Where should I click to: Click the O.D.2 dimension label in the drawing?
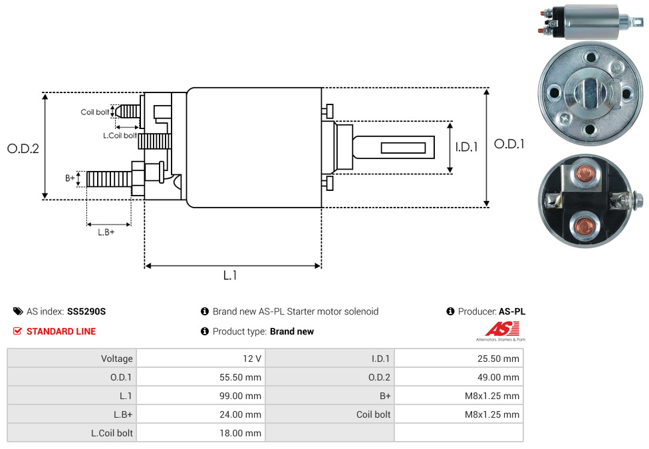[x=23, y=148]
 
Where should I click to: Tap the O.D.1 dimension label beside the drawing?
[x=509, y=144]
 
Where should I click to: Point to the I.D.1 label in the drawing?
[x=467, y=147]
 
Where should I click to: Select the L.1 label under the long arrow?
[x=230, y=275]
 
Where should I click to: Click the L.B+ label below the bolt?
[x=106, y=232]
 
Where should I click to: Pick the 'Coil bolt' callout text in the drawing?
[x=95, y=112]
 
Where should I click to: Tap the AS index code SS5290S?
[x=86, y=311]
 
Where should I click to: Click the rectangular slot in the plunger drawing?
[x=403, y=147]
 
